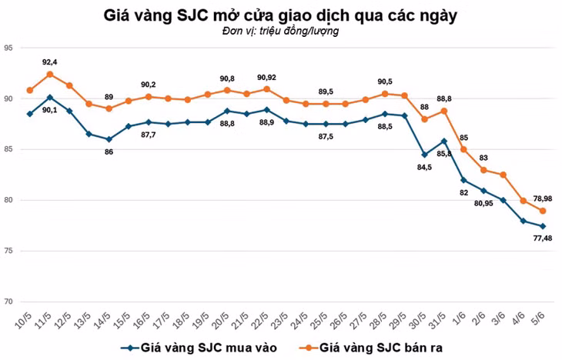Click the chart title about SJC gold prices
(281, 15)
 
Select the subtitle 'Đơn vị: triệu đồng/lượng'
(280, 32)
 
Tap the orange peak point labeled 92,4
(50, 74)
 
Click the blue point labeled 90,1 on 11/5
(50, 98)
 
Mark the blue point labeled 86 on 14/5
(109, 139)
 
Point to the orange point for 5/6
(543, 211)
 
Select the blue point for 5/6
(543, 226)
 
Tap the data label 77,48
(543, 238)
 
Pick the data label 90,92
(267, 78)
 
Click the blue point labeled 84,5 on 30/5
(424, 155)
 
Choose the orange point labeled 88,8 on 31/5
(444, 111)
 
